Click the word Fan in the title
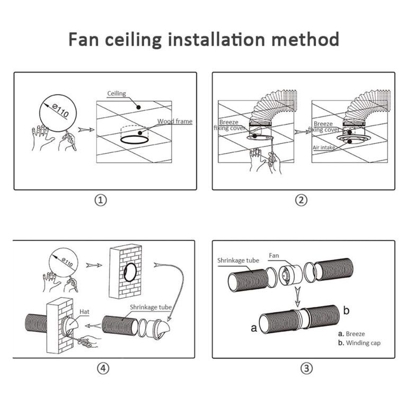click(85, 39)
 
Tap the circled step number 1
click(101, 200)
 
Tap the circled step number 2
click(302, 200)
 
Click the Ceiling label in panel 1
click(117, 94)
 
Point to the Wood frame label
click(175, 121)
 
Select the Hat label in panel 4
click(85, 312)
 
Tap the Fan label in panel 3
click(273, 255)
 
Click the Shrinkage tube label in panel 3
click(238, 260)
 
